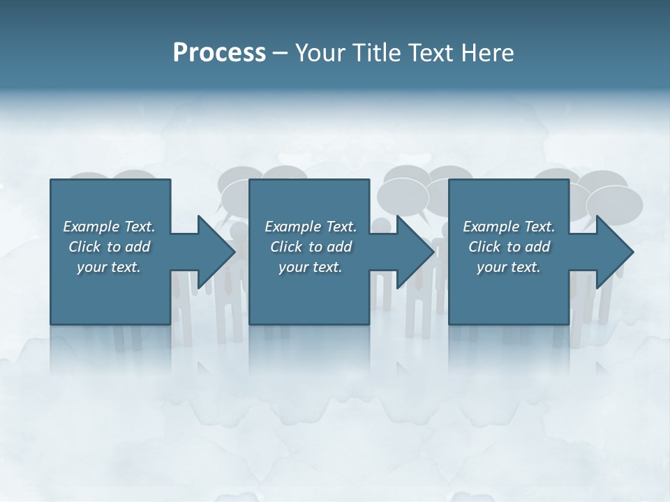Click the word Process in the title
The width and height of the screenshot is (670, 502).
pos(219,53)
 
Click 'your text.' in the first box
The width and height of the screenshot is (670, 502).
pos(109,267)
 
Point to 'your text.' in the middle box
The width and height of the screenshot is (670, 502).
pos(311,267)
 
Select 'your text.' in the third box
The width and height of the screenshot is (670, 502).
pos(509,267)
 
